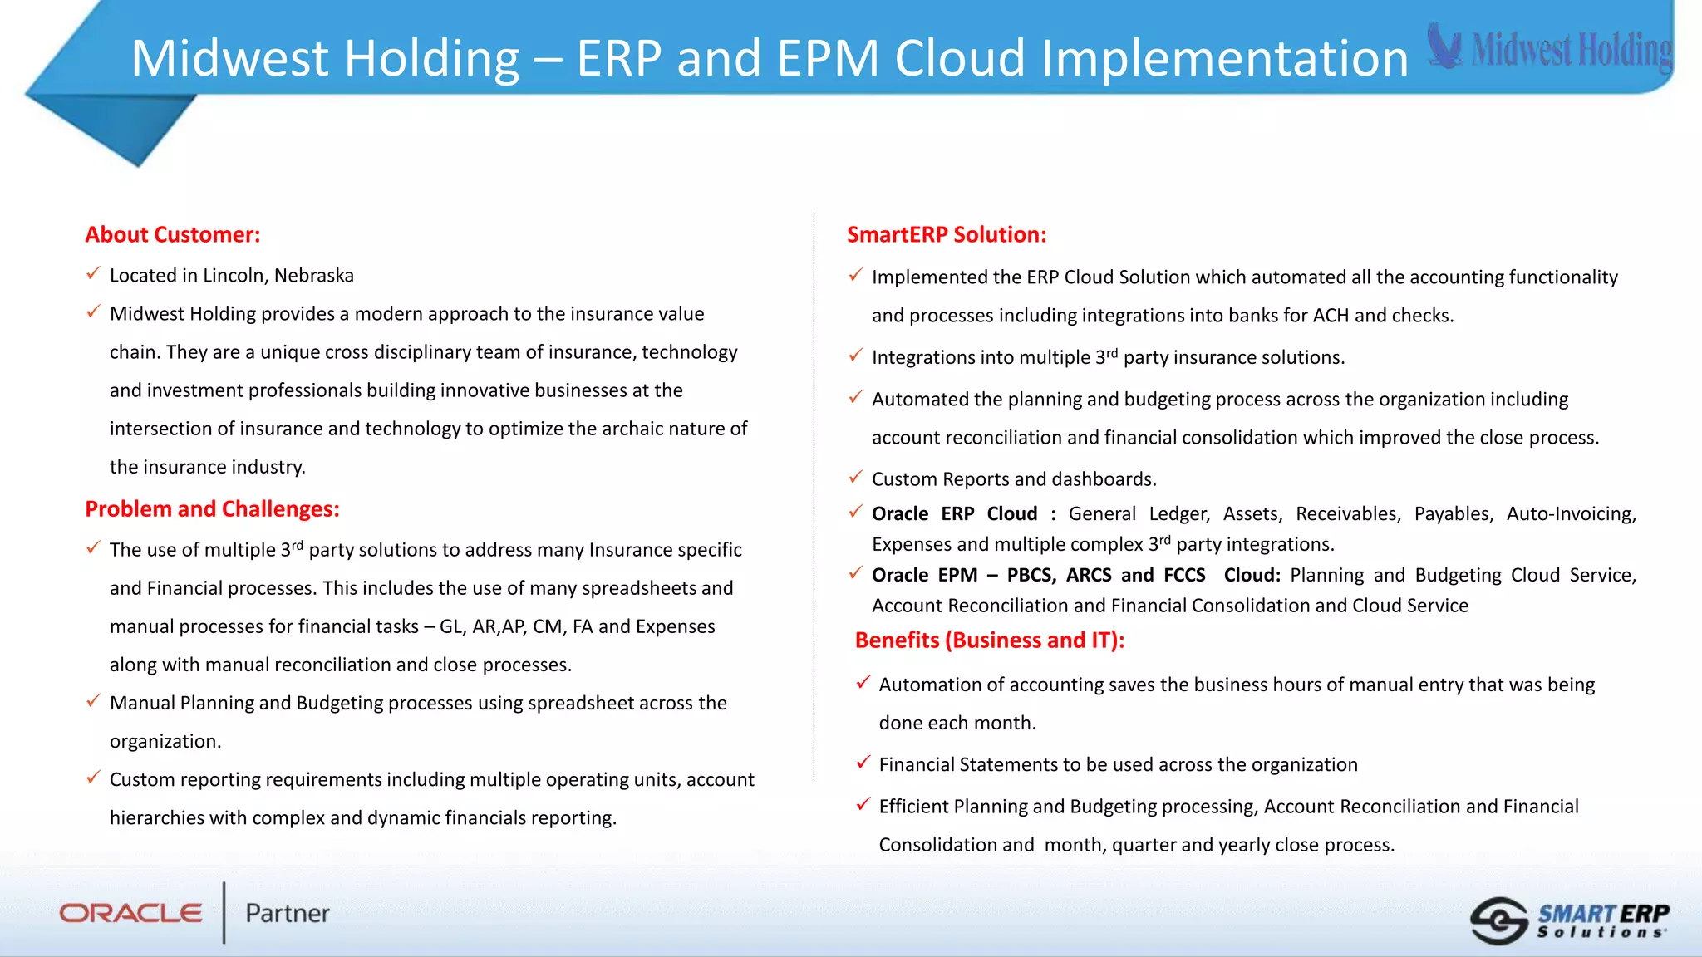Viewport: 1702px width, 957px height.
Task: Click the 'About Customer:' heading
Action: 172,235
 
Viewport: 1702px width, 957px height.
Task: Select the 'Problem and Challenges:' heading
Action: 212,509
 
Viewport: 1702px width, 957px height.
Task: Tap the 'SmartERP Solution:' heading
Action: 946,235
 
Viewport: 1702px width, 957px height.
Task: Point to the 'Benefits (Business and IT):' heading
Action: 989,640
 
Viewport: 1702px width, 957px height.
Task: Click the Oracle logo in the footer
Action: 130,913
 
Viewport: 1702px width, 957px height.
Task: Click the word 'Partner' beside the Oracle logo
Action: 288,914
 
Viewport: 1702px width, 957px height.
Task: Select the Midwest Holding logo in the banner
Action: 1551,48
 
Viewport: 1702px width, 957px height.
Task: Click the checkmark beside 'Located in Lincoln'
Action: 93,273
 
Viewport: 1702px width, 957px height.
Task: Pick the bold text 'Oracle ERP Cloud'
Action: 954,514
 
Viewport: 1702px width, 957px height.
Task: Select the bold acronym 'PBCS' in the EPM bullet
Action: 1031,576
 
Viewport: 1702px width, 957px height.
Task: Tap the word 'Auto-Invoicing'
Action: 1571,514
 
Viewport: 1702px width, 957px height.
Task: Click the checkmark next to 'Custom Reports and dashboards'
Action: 855,477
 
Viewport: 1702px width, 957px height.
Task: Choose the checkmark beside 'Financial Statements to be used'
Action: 863,762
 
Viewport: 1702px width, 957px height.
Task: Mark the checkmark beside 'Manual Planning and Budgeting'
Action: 93,701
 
